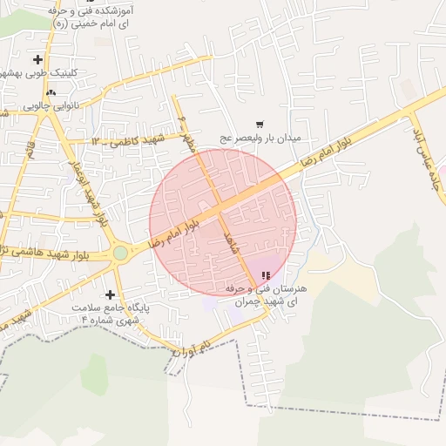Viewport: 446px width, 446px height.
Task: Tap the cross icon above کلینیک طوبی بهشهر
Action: [x=37, y=60]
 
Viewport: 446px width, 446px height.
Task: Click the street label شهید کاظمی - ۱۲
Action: [x=131, y=140]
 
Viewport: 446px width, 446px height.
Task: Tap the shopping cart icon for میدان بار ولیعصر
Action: [x=260, y=125]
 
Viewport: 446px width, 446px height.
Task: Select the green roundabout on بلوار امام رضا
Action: [x=119, y=253]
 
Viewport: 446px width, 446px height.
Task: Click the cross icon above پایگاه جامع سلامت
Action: [x=110, y=294]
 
